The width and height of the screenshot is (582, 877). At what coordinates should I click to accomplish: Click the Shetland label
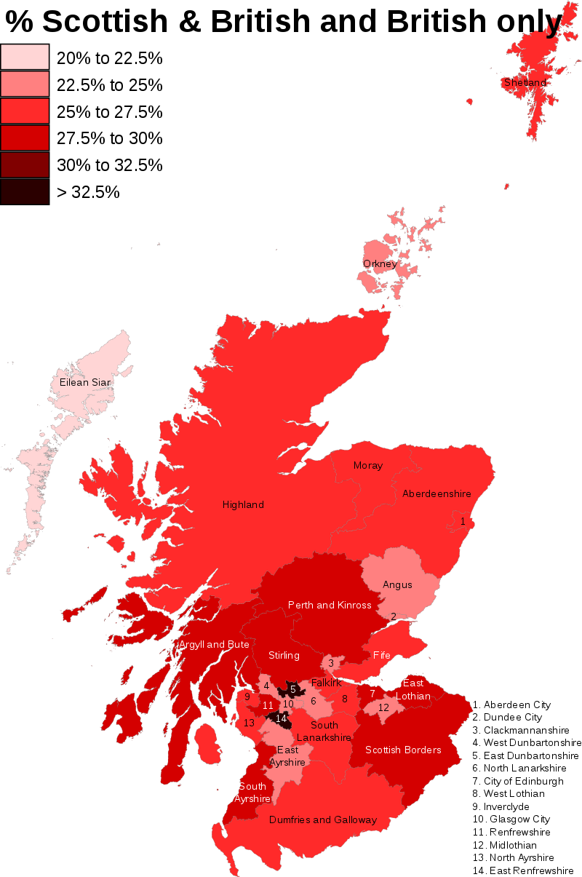[525, 83]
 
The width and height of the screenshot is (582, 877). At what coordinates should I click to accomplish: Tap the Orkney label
[380, 263]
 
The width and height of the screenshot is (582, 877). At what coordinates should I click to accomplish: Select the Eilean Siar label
[84, 382]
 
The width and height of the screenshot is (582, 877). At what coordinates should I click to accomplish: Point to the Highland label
[243, 504]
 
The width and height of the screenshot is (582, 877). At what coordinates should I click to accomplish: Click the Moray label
[368, 465]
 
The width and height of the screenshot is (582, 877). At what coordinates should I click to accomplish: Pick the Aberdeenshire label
[436, 493]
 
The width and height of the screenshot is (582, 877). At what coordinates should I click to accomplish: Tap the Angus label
[397, 584]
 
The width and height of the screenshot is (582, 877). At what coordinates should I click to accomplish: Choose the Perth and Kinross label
[330, 605]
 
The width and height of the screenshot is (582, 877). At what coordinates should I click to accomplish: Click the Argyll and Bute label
[214, 644]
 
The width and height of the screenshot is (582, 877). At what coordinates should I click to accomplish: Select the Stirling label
[284, 655]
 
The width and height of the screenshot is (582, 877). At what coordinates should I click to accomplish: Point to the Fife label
[382, 655]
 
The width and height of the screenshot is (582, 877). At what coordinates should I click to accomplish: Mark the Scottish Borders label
[403, 750]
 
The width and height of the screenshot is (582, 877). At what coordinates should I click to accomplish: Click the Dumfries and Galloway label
[323, 820]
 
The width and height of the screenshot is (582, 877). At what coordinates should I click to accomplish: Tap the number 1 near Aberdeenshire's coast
[463, 521]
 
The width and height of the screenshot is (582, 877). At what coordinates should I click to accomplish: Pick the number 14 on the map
[282, 718]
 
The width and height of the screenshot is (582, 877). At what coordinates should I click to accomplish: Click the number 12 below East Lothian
[383, 707]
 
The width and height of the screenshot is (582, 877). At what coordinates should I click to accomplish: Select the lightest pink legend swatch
[25, 57]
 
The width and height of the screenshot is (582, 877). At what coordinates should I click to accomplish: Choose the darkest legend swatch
[25, 191]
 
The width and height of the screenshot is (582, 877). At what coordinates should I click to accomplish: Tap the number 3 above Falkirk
[331, 663]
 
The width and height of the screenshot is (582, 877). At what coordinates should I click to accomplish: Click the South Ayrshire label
[252, 792]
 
